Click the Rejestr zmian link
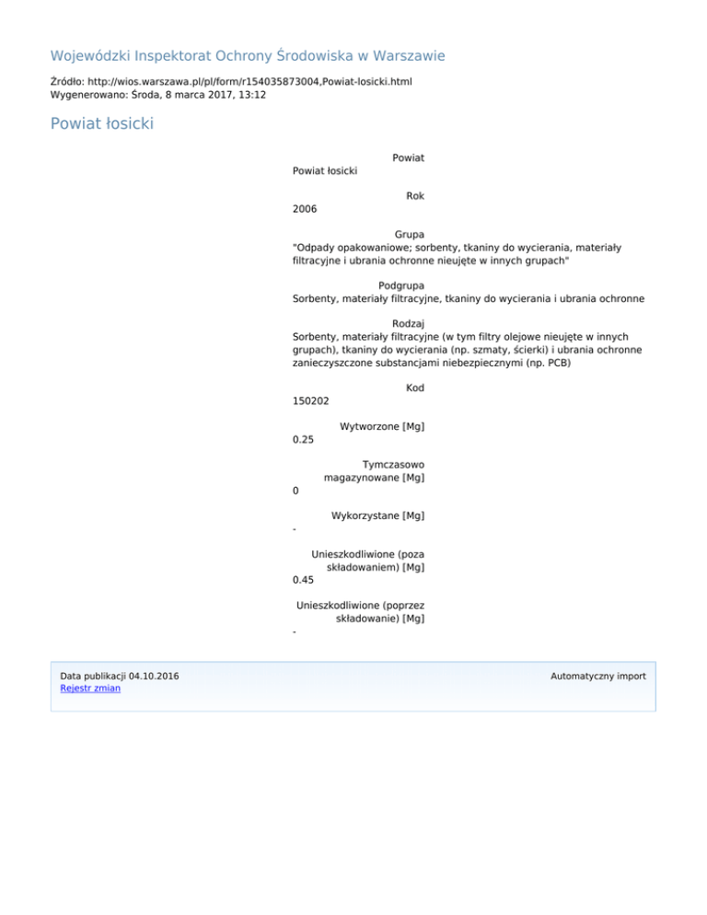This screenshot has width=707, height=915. click(89, 688)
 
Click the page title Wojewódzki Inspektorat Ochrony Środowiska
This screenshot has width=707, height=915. click(248, 56)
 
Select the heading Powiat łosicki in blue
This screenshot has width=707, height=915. click(101, 123)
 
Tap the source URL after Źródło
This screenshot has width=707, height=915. click(246, 82)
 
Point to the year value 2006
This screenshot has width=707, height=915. click(305, 209)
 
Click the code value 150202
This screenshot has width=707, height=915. click(311, 401)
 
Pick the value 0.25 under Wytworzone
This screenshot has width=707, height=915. click(303, 439)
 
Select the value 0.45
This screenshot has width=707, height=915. click(303, 580)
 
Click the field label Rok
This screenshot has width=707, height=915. click(414, 196)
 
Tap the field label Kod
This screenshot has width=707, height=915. click(414, 388)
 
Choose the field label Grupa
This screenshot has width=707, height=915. click(409, 235)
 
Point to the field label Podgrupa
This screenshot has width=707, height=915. click(401, 285)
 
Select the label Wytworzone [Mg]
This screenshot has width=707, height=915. click(382, 426)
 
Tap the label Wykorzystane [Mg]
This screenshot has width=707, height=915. click(377, 515)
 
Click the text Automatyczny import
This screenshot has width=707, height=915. click(597, 676)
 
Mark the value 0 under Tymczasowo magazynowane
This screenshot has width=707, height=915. click(296, 491)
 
